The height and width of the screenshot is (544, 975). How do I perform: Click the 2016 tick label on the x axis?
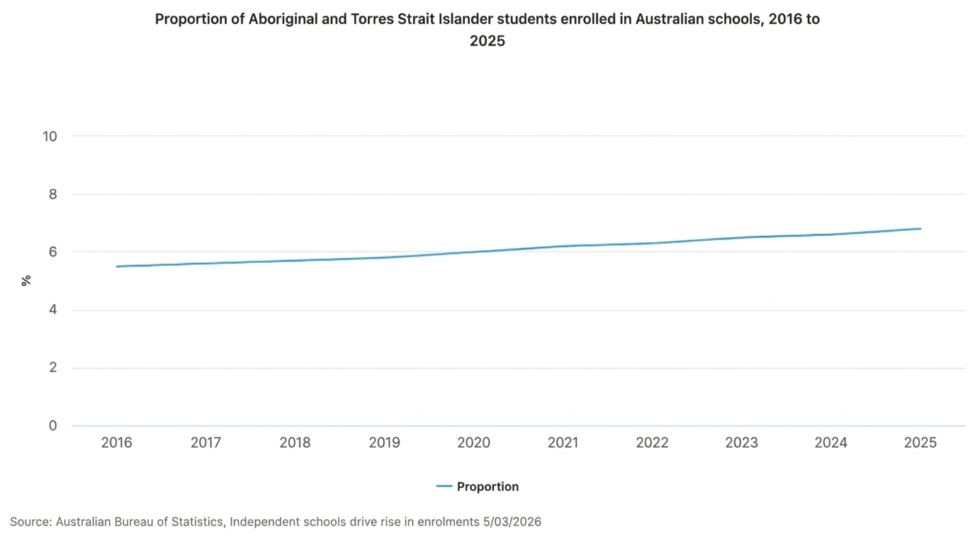pyautogui.click(x=117, y=443)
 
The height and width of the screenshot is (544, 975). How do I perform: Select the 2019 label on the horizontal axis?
pyautogui.click(x=385, y=443)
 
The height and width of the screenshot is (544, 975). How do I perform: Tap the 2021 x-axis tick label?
pyautogui.click(x=563, y=443)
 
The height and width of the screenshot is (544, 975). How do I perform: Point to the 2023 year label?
pyautogui.click(x=742, y=443)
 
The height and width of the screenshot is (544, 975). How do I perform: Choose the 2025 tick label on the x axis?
pyautogui.click(x=920, y=443)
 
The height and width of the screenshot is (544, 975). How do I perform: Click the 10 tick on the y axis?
pyautogui.click(x=50, y=136)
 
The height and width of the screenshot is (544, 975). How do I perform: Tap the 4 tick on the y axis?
pyautogui.click(x=53, y=310)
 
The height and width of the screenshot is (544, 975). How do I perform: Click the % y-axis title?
pyautogui.click(x=26, y=281)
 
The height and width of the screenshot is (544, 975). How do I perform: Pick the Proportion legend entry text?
pyautogui.click(x=487, y=487)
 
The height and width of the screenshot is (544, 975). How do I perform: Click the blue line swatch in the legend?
pyautogui.click(x=444, y=487)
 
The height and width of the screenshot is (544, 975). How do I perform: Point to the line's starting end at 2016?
pyautogui.click(x=117, y=266)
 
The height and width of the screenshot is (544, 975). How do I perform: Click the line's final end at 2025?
pyautogui.click(x=920, y=229)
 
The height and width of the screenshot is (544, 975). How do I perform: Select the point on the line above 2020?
pyautogui.click(x=474, y=252)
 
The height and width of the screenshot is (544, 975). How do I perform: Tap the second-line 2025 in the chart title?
pyautogui.click(x=487, y=41)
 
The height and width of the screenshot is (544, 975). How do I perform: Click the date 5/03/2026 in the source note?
pyautogui.click(x=512, y=522)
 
